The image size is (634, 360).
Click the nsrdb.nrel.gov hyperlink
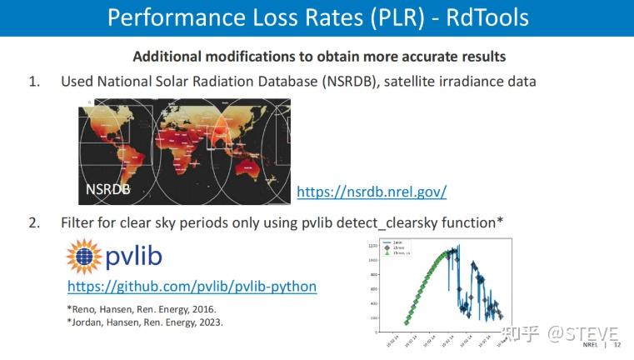(x=372, y=192)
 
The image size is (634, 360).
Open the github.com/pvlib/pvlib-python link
(x=192, y=286)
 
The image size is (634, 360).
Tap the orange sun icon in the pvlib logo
(x=85, y=256)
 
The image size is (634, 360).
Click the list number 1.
(x=34, y=82)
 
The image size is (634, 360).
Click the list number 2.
(x=34, y=223)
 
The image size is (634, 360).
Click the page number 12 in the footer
(x=617, y=343)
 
